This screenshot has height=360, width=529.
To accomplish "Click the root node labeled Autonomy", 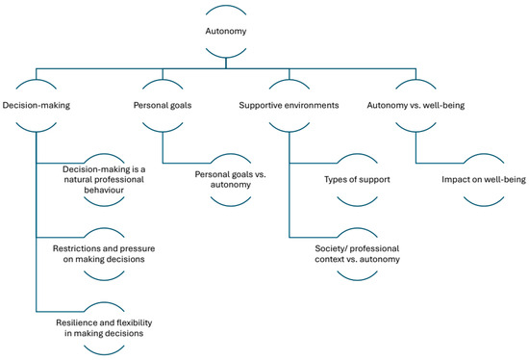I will click(225, 31).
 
